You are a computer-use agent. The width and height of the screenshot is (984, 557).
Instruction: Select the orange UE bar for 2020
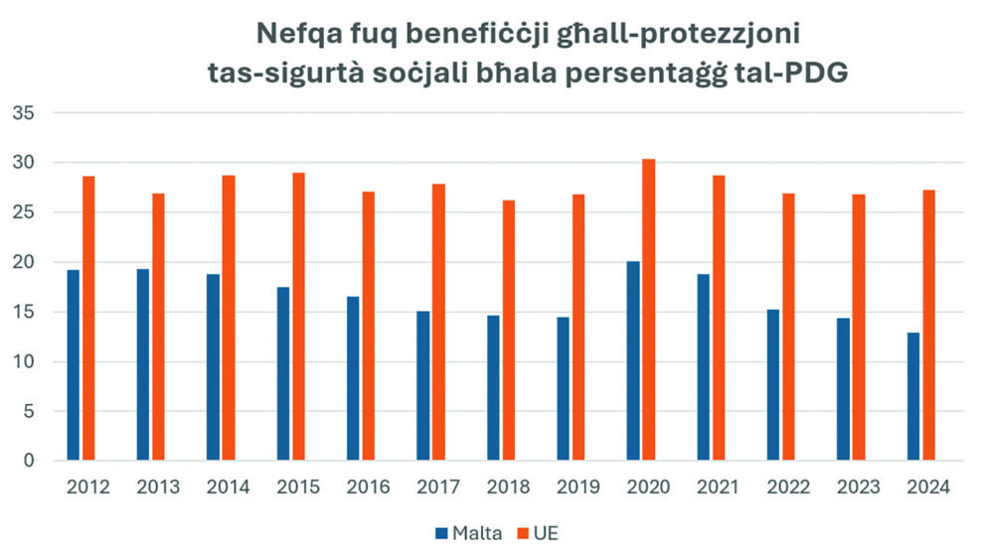(648, 310)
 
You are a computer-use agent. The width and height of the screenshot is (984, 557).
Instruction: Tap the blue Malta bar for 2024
(913, 396)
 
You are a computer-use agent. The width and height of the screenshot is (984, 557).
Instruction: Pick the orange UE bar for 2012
(88, 318)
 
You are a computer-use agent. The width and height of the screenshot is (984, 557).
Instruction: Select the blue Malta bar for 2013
(143, 364)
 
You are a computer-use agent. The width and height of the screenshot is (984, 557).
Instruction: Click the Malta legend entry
(468, 533)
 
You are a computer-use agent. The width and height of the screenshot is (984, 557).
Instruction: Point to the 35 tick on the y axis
(24, 113)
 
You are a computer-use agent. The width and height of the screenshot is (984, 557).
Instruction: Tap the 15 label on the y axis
(24, 312)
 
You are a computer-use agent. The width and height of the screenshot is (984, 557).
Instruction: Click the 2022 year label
(788, 487)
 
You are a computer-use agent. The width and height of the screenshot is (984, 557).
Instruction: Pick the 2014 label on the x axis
(228, 487)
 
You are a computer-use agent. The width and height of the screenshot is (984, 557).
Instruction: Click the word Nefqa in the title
(294, 35)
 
